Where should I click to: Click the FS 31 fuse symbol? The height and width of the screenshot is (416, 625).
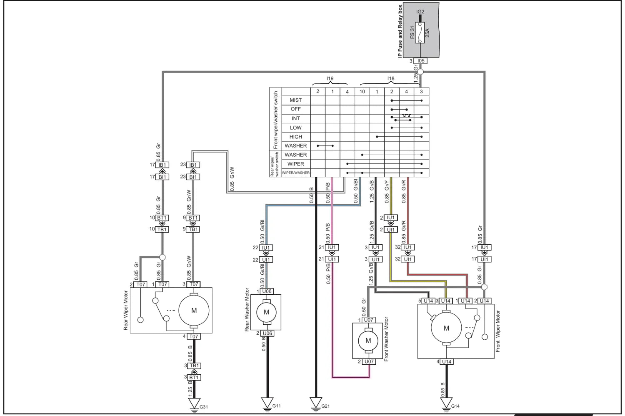click(x=420, y=33)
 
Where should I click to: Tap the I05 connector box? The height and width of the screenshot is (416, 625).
click(x=420, y=61)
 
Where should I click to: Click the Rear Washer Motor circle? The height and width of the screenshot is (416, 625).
click(x=267, y=312)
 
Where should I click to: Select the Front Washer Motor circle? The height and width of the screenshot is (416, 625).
click(x=368, y=341)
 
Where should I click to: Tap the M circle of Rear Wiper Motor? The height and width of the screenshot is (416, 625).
click(x=194, y=311)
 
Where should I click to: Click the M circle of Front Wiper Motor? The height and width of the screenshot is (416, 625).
click(x=446, y=328)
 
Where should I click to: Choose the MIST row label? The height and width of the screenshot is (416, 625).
click(x=296, y=100)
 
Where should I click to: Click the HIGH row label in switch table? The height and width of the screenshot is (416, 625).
click(x=296, y=137)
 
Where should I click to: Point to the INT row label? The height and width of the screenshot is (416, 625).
click(x=296, y=118)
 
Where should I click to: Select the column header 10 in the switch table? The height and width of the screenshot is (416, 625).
click(x=362, y=92)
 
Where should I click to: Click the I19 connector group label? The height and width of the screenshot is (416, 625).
click(x=330, y=78)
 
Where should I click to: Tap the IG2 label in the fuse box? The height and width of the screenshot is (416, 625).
click(x=420, y=12)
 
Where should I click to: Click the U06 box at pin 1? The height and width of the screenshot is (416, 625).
click(x=267, y=291)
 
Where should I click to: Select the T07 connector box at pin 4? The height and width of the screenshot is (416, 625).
click(x=194, y=336)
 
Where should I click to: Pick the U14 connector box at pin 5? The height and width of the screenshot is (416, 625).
click(x=428, y=301)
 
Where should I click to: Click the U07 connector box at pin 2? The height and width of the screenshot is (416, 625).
click(x=369, y=361)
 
